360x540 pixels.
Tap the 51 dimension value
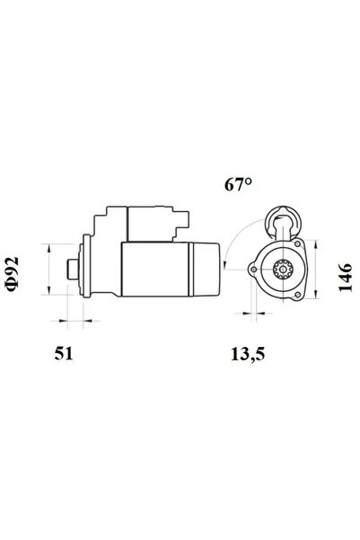(x=62, y=352)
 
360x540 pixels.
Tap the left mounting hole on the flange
(x=254, y=268)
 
